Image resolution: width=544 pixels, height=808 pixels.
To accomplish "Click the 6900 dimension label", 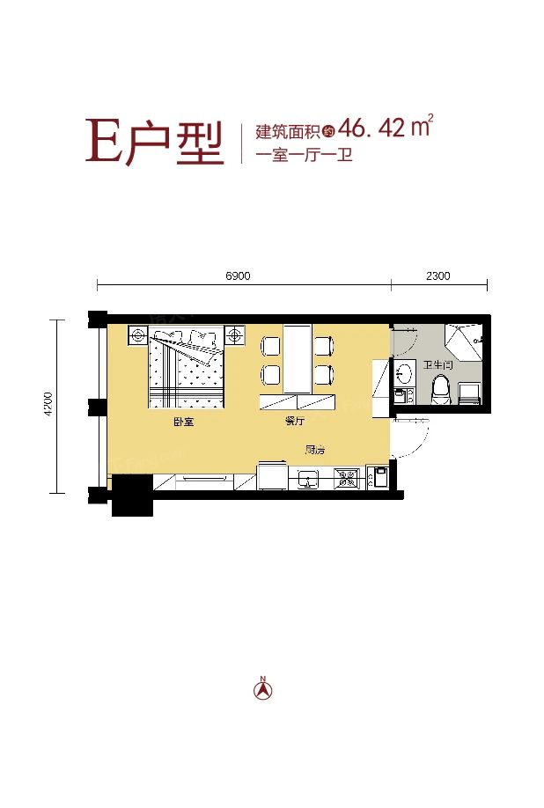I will click(x=238, y=275).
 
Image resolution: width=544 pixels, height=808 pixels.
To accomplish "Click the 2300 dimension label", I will click(x=437, y=275).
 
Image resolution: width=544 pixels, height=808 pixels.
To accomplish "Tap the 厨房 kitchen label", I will click(x=315, y=450).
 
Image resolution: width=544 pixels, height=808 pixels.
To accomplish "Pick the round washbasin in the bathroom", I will click(x=405, y=373).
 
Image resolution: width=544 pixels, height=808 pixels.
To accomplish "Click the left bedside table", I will click(x=138, y=335).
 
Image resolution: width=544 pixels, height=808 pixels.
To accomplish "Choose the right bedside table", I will click(x=235, y=335).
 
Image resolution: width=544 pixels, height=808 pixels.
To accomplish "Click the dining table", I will click(x=297, y=359).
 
